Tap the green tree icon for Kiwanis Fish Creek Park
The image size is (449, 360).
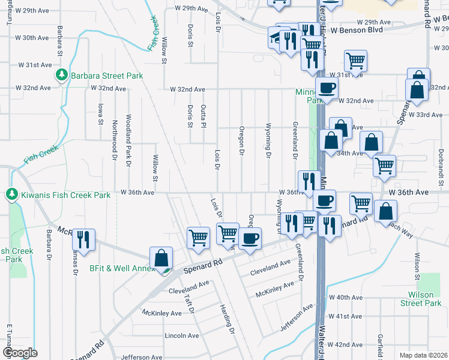tap(11, 194)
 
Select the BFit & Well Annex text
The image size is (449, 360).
tap(122, 269)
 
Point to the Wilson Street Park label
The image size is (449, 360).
tap(424, 299)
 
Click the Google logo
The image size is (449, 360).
tap(20, 353)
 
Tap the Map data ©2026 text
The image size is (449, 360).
tap(423, 355)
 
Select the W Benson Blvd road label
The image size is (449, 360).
tap(357, 29)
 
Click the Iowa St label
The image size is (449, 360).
tap(100, 113)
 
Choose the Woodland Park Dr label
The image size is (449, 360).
tap(128, 139)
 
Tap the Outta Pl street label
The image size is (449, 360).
tap(203, 115)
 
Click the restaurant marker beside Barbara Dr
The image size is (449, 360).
tap(83, 239)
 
